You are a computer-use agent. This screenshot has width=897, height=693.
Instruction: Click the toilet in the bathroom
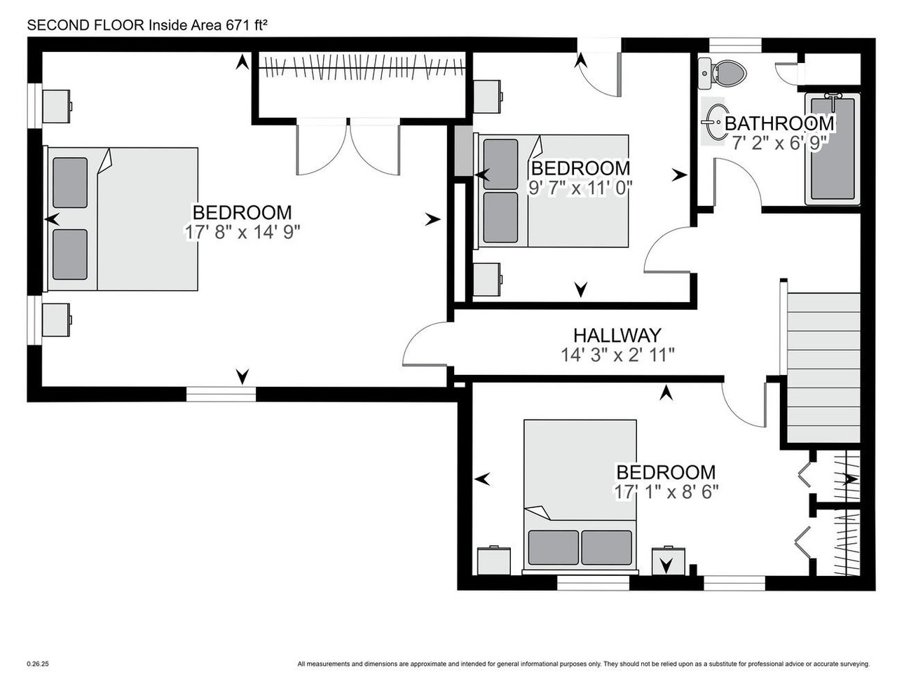pos(722,74)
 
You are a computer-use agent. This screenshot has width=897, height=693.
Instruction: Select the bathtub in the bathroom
pos(833,149)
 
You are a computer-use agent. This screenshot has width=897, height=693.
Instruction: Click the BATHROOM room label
pos(779,123)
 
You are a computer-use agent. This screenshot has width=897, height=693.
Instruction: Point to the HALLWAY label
pos(617,335)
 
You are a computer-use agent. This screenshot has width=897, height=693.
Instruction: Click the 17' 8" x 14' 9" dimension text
pos(242,233)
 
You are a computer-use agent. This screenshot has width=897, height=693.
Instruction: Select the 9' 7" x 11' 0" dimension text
pos(580,188)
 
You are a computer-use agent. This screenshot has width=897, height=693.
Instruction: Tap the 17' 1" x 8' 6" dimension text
pos(666,492)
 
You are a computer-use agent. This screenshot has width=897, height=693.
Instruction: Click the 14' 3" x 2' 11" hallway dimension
pos(617,355)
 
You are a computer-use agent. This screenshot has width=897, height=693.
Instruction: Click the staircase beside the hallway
pos(823,368)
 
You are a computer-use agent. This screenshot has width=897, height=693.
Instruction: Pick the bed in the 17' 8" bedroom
pos(121,219)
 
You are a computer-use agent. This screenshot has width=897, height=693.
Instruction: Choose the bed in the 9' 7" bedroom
pos(552,191)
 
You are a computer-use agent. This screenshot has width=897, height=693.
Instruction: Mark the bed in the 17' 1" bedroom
pos(580,498)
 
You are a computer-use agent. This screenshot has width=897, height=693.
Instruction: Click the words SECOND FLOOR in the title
pos(86,25)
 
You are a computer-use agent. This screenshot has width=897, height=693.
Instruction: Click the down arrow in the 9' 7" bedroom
pos(581,290)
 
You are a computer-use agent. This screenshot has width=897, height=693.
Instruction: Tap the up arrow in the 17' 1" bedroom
pos(666,392)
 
